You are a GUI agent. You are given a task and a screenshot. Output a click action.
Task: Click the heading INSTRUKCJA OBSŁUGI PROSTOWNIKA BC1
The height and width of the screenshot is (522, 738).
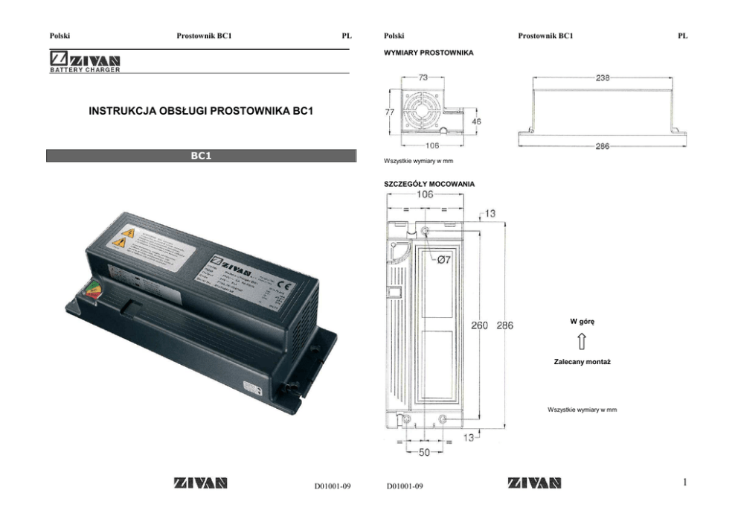(x=199, y=112)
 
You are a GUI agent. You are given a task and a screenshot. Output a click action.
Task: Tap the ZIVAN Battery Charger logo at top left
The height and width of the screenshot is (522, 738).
(x=85, y=62)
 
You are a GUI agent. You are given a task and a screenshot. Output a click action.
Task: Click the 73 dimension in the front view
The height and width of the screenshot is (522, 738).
(x=423, y=77)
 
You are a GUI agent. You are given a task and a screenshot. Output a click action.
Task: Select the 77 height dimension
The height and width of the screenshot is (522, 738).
(x=388, y=112)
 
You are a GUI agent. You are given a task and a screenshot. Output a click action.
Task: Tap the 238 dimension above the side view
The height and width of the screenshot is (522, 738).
(x=603, y=77)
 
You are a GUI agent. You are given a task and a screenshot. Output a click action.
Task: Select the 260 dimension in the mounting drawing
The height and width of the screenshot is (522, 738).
(x=480, y=325)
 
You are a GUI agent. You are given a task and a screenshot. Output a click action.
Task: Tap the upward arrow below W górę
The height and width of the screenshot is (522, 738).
(x=583, y=341)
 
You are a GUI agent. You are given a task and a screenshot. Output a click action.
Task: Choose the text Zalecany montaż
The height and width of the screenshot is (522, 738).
(x=583, y=361)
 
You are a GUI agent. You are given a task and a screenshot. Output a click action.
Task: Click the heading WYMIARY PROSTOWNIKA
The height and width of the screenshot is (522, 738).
(x=428, y=53)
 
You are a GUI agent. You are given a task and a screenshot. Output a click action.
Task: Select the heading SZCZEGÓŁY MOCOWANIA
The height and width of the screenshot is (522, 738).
(x=429, y=183)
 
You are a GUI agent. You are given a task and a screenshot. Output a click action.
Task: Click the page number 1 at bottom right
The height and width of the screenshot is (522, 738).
(x=685, y=483)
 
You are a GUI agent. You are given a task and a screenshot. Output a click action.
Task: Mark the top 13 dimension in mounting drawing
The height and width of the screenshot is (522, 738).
(x=490, y=214)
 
